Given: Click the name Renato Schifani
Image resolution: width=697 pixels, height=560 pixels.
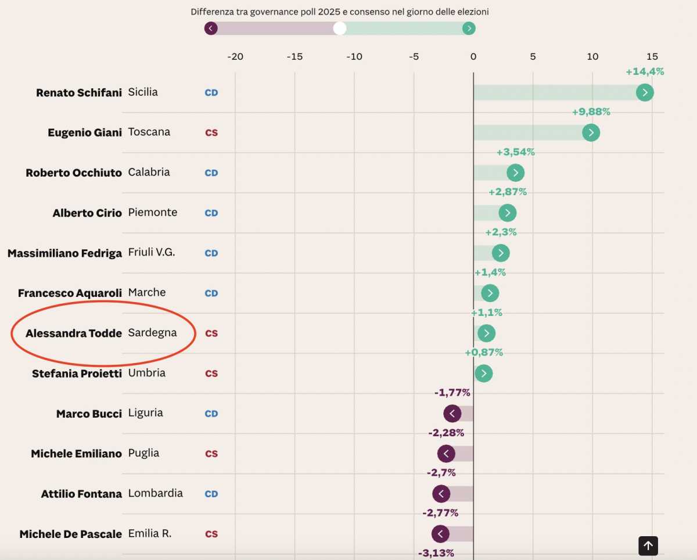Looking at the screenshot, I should pos(79,92).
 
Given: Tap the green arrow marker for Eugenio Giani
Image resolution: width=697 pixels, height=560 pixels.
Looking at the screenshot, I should pos(591,132).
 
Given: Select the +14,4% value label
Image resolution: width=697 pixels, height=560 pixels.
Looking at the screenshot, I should pos(645,71).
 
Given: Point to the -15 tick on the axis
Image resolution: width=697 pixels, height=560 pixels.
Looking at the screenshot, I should pos(294,56).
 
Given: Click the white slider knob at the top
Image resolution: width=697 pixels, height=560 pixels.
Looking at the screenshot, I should pos(340,28).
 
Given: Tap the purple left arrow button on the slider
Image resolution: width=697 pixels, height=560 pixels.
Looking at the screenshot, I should pos(211,28).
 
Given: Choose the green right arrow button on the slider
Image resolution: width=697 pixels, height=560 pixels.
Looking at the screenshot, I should pos(469,28).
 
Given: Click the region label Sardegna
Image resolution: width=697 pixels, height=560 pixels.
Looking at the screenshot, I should pos(152,333).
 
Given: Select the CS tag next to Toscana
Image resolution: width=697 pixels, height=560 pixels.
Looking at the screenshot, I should pos(211,132).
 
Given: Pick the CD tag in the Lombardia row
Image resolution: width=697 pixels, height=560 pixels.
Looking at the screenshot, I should pos(211,494).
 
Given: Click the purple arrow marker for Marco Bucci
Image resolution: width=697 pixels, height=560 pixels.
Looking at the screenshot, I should pos(452,414).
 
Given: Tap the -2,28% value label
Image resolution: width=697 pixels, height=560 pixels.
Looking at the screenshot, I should pos(446,433).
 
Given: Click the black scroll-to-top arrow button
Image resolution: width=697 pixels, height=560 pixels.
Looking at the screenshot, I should pos(648,545).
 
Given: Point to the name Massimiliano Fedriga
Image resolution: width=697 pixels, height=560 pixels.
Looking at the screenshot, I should pos(64,253).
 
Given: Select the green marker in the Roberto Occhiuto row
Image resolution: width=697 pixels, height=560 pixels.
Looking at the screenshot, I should pos(515,173).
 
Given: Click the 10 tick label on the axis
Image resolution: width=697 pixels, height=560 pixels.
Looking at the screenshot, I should pos(592,56).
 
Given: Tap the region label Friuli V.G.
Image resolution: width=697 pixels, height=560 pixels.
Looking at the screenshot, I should pos(151,252).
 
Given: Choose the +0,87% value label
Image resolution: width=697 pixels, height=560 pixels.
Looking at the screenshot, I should pos(484,353).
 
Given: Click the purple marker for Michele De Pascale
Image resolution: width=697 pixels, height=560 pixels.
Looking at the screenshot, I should pos(440,534).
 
